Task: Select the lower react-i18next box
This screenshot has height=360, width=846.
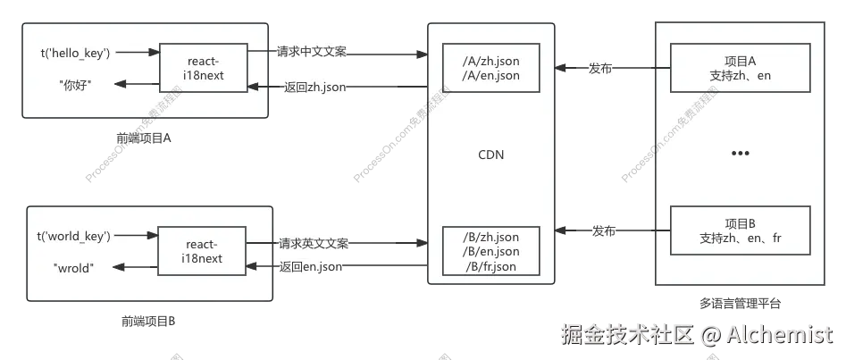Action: (205, 251)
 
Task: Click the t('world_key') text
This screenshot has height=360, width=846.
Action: (73, 236)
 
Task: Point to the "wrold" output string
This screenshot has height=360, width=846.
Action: (73, 267)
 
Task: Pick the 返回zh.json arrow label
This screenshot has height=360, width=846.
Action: (314, 87)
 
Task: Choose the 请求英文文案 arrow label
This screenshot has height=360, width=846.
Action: (313, 243)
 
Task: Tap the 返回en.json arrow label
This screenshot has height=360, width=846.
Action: (310, 266)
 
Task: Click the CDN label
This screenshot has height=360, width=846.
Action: (490, 155)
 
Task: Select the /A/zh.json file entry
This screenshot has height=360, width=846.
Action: (490, 62)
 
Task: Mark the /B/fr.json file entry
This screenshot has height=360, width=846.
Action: (490, 267)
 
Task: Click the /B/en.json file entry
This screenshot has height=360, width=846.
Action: (490, 252)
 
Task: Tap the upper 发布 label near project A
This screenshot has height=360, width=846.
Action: (599, 69)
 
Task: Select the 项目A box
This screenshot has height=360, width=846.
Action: (741, 68)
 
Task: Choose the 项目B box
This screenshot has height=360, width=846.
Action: (741, 230)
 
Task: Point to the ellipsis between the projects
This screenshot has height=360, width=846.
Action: (741, 154)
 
